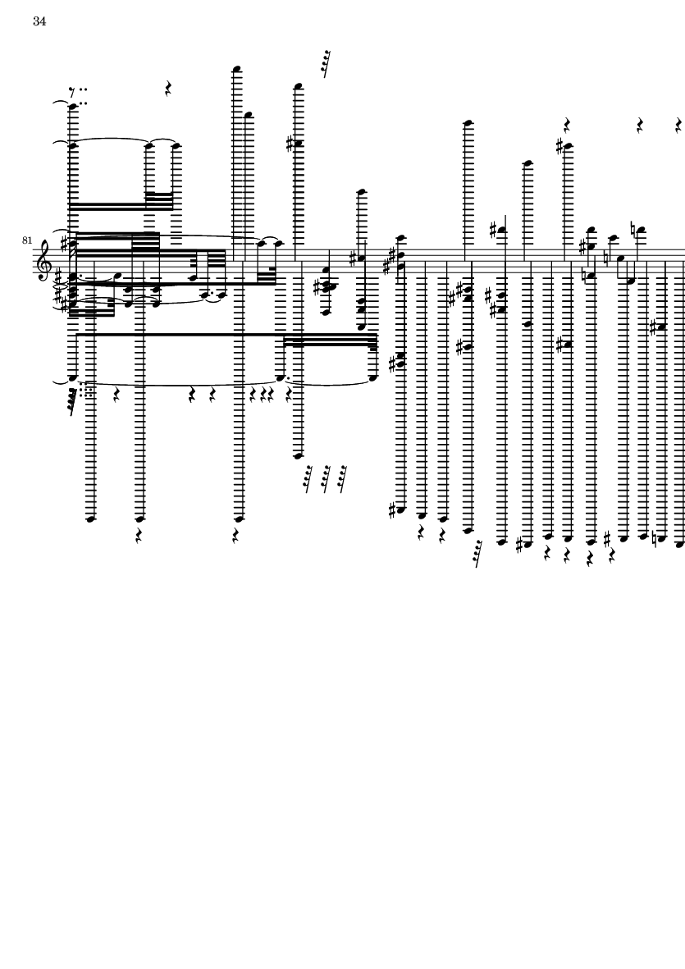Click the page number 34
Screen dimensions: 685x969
39,21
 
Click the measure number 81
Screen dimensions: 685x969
26,240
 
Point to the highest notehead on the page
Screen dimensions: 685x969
236,69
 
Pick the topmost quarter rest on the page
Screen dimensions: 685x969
167,89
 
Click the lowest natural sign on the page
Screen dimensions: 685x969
656,538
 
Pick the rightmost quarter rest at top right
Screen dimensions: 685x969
678,126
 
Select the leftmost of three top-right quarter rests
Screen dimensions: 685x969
566,126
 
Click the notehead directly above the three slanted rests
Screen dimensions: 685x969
299,456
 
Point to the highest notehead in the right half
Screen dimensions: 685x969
468,123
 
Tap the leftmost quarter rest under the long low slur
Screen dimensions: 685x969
116,395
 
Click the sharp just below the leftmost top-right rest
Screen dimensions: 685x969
560,147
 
